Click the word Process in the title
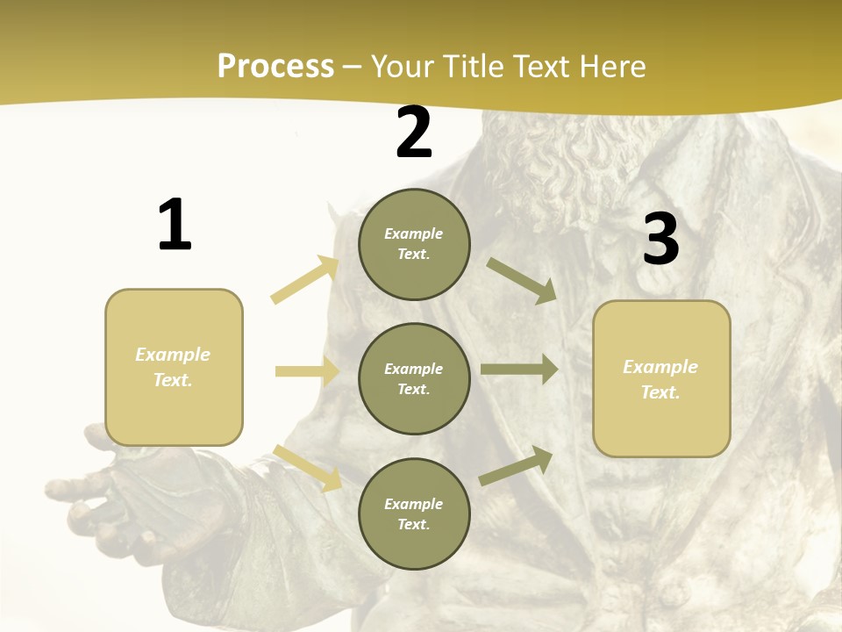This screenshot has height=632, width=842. point(275,67)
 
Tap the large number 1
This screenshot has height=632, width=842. point(175,225)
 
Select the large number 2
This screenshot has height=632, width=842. point(414,133)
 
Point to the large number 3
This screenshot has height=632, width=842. point(660,239)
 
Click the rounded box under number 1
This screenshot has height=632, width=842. point(174,367)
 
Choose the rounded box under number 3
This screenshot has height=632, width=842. point(661,378)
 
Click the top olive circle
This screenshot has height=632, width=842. point(414,244)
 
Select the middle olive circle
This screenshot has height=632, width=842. point(414,378)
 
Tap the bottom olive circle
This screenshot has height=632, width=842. point(414,513)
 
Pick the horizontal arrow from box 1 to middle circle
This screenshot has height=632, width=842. point(307,371)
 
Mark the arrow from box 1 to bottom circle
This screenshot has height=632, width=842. point(308,467)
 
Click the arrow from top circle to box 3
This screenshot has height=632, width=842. point(522,281)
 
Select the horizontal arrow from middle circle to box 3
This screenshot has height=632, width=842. point(518,370)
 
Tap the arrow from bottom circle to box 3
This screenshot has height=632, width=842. point(516,466)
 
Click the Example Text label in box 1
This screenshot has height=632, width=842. point(173,367)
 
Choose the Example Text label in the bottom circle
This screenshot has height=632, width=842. point(414,513)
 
